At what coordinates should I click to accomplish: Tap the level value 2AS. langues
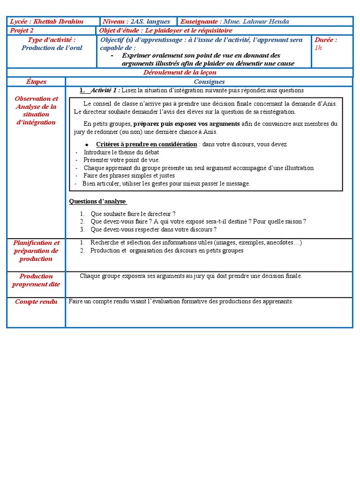click(x=150, y=22)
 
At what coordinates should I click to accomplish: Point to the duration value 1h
click(x=318, y=48)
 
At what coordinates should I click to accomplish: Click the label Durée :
click(x=326, y=40)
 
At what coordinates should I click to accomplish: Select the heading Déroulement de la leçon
click(x=180, y=73)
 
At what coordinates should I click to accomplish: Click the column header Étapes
click(x=36, y=82)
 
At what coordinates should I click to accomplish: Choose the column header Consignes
click(x=209, y=82)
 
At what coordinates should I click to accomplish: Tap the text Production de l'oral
click(x=51, y=48)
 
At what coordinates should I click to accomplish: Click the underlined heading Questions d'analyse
click(x=97, y=202)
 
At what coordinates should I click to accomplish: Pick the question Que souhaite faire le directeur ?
click(x=133, y=214)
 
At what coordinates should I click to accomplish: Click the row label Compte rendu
click(x=36, y=302)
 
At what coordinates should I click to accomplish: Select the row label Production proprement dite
click(x=36, y=280)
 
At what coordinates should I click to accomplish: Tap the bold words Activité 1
click(x=105, y=90)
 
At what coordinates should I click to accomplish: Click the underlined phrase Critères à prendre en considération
click(x=146, y=144)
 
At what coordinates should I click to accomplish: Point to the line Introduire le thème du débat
click(x=121, y=152)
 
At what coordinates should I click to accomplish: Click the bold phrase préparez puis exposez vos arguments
click(x=187, y=124)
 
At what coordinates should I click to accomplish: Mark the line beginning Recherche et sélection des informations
click(x=196, y=243)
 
